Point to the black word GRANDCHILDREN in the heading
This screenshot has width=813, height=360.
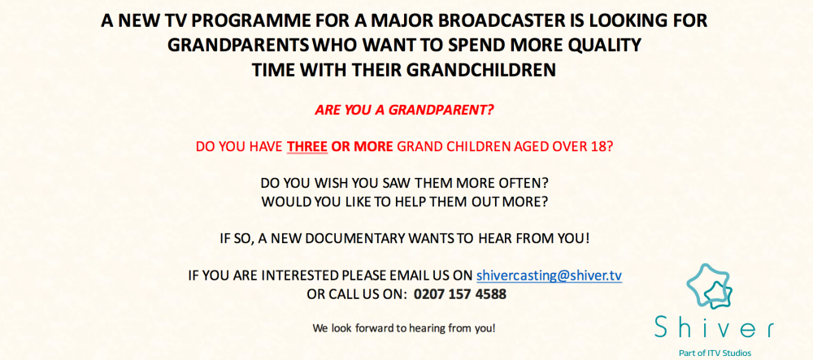476,69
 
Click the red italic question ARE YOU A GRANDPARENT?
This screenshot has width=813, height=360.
405,111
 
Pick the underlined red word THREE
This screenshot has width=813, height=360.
307,146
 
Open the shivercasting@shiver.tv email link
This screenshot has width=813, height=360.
549,275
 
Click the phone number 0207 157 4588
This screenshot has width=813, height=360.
460,294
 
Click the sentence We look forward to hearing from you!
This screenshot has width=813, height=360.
404,328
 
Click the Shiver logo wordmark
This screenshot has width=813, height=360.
714,327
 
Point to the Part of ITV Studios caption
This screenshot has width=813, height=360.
715,353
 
